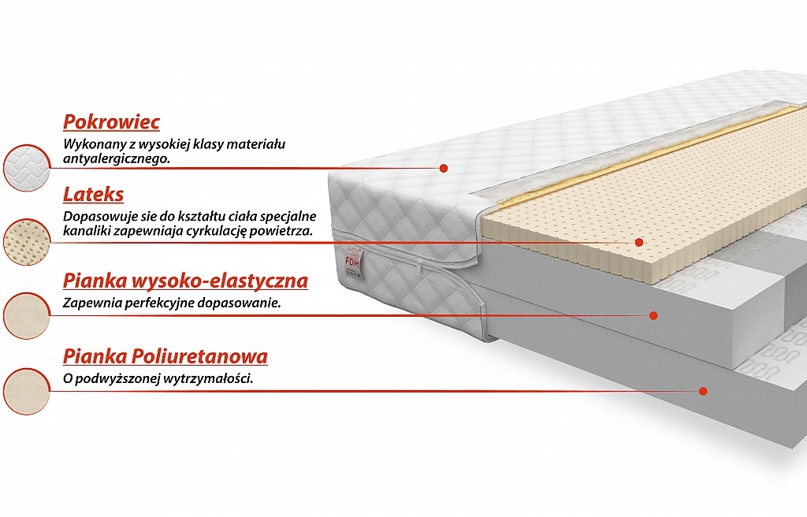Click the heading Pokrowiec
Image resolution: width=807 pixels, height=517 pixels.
click(111, 122)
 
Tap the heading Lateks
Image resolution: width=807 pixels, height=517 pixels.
click(93, 195)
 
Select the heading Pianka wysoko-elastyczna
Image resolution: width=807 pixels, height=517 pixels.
click(185, 281)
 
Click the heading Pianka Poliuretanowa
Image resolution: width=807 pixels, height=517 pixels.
click(165, 356)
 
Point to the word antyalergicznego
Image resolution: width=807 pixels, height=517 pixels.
click(117, 159)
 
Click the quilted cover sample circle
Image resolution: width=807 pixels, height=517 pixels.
click(27, 168)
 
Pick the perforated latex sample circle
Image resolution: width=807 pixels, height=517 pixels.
click(27, 241)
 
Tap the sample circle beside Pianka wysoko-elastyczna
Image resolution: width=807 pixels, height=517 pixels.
click(27, 316)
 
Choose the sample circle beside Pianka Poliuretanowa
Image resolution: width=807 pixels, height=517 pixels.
click(27, 391)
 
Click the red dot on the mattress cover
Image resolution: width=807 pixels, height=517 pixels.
click(444, 168)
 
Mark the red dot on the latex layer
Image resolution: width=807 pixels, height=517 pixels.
click(638, 242)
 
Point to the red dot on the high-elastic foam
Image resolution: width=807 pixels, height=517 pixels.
click(653, 315)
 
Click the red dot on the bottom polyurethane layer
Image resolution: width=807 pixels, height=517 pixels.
click(703, 391)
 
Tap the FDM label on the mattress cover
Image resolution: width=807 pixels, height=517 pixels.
click(354, 259)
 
